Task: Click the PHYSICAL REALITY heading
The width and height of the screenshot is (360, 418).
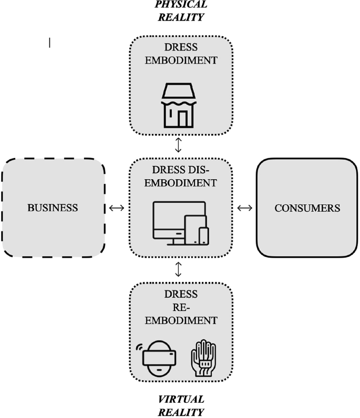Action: pyautogui.click(x=181, y=11)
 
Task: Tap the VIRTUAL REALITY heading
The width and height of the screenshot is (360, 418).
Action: pyautogui.click(x=181, y=406)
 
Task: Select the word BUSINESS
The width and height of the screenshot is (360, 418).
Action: pyautogui.click(x=53, y=208)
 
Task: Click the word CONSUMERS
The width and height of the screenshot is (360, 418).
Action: pyautogui.click(x=307, y=208)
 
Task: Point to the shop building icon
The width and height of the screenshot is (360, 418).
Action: pyautogui.click(x=179, y=106)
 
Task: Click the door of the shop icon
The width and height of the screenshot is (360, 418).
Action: pyautogui.click(x=182, y=119)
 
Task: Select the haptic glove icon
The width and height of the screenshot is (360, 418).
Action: pyautogui.click(x=203, y=358)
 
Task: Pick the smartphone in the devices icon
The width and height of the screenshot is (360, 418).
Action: pyautogui.click(x=204, y=236)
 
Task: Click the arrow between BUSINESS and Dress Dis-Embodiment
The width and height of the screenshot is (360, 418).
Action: pyautogui.click(x=117, y=207)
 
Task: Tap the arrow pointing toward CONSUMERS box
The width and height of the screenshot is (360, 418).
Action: pyautogui.click(x=245, y=207)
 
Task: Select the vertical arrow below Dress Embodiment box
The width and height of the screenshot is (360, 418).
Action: pyautogui.click(x=178, y=145)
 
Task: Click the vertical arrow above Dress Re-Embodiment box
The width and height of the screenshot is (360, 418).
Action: pyautogui.click(x=178, y=269)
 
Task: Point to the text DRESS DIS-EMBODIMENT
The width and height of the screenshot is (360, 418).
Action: pyautogui.click(x=181, y=176)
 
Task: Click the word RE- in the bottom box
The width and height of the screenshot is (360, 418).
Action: pyautogui.click(x=181, y=307)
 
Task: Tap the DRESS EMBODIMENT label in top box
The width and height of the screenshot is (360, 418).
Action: pyautogui.click(x=181, y=54)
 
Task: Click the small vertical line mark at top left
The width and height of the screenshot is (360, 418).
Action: pyautogui.click(x=49, y=43)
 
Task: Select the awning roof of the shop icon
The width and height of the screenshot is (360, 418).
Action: pyautogui.click(x=179, y=91)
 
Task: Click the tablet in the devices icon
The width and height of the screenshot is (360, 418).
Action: pyautogui.click(x=196, y=230)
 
